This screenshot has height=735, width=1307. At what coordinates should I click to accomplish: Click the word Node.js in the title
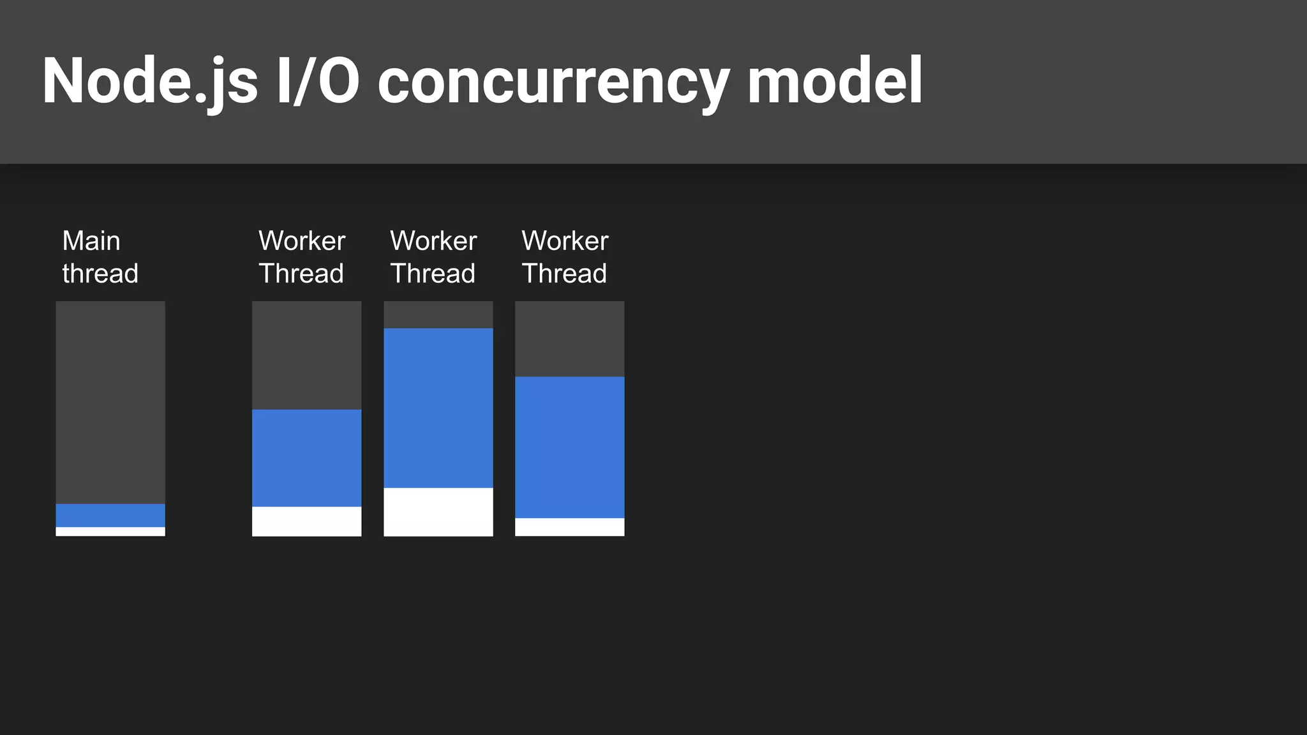tap(150, 82)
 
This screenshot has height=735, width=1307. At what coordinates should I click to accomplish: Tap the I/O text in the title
tap(318, 82)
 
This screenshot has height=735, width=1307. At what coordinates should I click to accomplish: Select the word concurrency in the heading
tap(553, 82)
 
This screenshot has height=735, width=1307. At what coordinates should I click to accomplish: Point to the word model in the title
tap(835, 82)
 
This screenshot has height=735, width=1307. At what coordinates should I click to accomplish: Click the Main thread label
tap(100, 257)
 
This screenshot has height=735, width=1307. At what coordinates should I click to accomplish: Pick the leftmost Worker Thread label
tap(302, 257)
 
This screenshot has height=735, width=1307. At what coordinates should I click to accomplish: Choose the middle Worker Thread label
tap(433, 257)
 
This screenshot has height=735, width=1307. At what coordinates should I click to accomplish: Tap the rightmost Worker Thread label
tap(565, 257)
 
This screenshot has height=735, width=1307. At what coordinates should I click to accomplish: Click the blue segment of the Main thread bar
tap(110, 516)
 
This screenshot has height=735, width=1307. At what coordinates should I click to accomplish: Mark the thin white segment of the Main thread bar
tap(110, 531)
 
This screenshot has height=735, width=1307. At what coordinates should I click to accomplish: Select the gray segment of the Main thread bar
tap(110, 402)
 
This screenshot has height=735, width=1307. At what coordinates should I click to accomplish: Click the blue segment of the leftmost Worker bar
tap(306, 458)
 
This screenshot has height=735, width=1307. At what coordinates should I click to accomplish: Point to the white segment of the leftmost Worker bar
tap(306, 521)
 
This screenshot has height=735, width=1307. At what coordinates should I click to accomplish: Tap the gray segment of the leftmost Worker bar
tap(306, 355)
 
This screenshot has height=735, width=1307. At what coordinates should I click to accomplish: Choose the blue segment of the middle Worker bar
tap(438, 408)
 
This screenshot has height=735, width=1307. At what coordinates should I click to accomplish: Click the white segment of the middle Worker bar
tap(438, 512)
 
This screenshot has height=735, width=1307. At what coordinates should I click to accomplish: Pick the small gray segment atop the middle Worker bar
tap(438, 315)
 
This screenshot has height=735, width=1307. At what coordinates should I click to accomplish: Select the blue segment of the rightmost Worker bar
tap(569, 447)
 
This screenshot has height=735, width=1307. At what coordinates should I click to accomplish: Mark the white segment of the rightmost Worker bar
tap(569, 527)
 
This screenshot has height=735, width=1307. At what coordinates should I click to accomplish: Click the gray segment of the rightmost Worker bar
tap(569, 339)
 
